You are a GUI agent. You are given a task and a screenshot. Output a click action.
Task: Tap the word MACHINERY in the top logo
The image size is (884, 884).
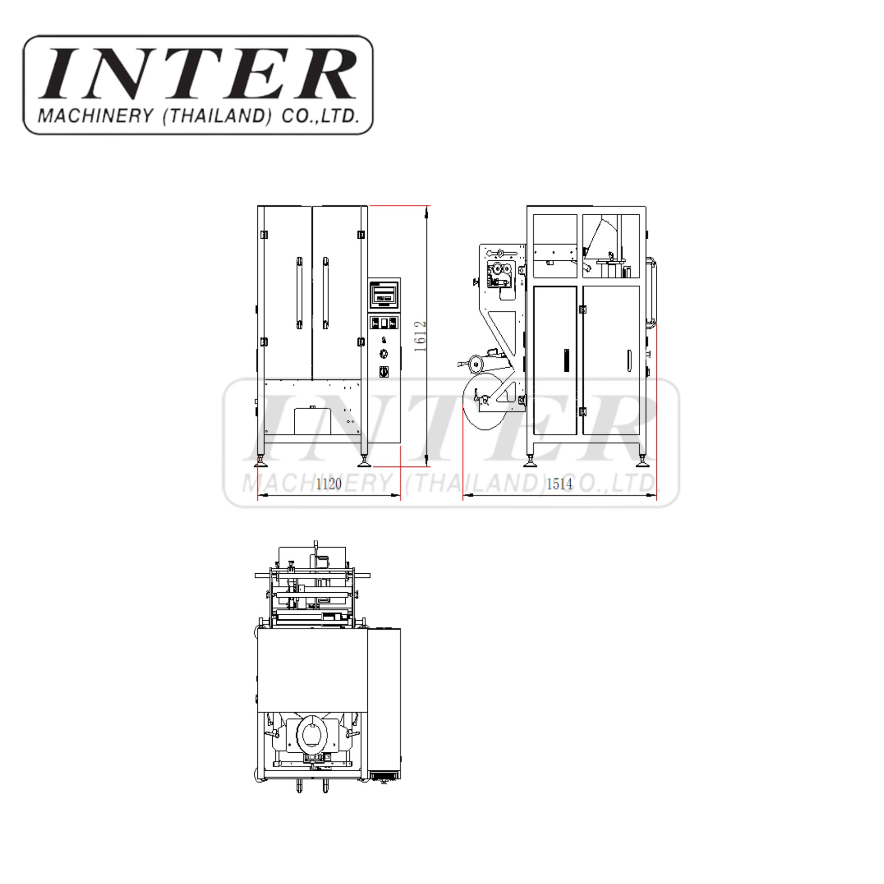tap(95, 116)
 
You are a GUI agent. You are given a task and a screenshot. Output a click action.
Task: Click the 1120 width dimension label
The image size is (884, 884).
tap(328, 484)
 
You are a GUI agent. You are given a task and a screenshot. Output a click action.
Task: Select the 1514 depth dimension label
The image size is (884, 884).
tap(559, 484)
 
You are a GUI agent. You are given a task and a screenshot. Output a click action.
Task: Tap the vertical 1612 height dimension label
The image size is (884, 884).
tap(420, 336)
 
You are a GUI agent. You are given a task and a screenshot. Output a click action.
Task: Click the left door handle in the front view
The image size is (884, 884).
tap(299, 293)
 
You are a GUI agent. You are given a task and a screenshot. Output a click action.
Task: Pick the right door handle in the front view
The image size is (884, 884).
tap(325, 293)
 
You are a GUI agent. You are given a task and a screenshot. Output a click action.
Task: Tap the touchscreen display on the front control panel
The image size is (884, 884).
tap(384, 292)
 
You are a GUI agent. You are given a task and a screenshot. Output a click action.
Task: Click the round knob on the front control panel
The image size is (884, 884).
tap(385, 354)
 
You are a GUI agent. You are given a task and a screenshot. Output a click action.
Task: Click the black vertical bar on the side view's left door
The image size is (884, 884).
tap(567, 360)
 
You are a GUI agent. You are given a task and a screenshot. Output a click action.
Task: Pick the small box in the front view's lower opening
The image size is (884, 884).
tap(313, 420)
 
